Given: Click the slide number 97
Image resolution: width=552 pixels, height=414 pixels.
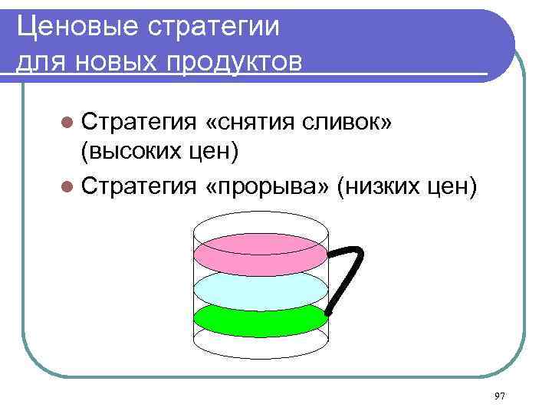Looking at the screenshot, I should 500,396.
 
